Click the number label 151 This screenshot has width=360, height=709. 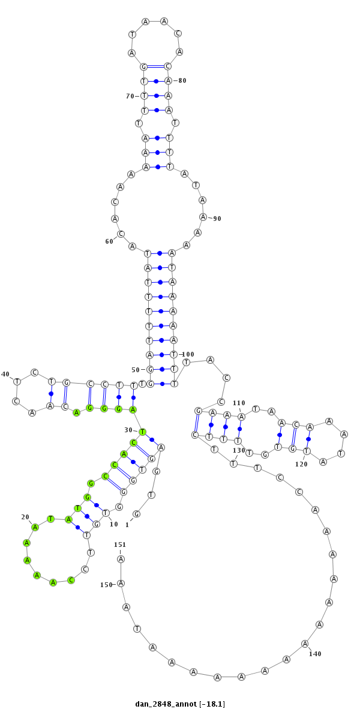click(120, 544)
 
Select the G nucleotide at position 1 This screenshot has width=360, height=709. click(136, 514)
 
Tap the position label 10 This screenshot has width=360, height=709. click(114, 524)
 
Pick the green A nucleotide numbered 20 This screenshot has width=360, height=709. click(35, 526)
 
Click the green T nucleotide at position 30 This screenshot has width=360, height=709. click(142, 432)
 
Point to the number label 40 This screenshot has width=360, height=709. click(5, 374)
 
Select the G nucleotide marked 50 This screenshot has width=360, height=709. click(150, 369)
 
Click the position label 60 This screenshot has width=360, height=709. click(109, 241)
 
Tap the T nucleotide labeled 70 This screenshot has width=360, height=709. click(144, 96)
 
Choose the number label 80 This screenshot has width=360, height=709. click(182, 80)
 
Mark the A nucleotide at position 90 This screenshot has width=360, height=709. click(204, 217)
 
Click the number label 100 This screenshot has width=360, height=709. click(187, 354)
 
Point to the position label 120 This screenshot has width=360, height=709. click(301, 464)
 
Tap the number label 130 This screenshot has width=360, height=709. click(239, 450)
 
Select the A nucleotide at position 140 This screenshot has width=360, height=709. click(305, 644)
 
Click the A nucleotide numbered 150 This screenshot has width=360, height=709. click(121, 584)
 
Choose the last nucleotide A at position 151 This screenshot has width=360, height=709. click(121, 559)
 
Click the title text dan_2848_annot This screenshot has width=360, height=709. click(166, 704)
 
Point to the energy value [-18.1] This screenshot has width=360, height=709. click(212, 704)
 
